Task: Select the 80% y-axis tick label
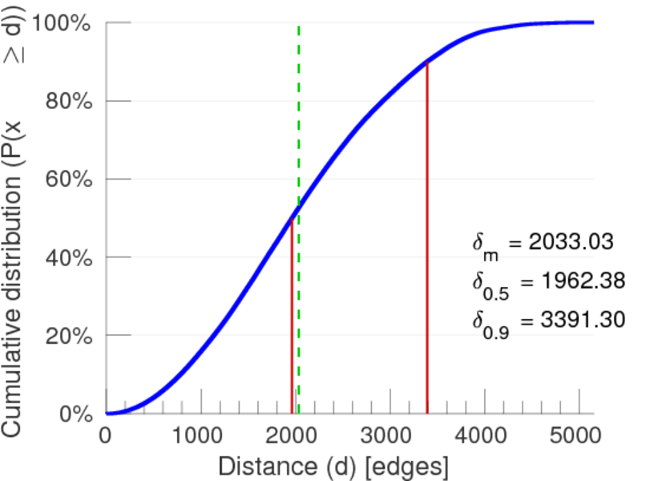[x=66, y=101]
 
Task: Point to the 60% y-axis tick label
[x=66, y=180]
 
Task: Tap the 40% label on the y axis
[x=66, y=257]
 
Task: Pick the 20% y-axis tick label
[x=66, y=336]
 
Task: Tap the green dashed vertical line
[x=299, y=120]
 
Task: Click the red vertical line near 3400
[x=427, y=240]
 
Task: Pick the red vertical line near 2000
[x=292, y=321]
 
